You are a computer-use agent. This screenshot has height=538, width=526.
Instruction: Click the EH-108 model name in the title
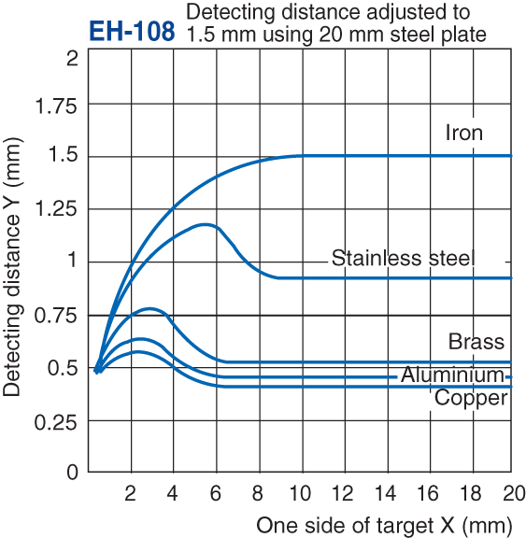(x=131, y=31)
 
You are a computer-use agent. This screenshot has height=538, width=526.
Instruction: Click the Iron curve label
(x=464, y=133)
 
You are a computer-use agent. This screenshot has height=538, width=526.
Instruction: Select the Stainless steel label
(x=404, y=258)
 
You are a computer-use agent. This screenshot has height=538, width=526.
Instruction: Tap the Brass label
(x=476, y=341)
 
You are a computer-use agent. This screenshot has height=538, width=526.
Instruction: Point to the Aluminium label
(x=453, y=375)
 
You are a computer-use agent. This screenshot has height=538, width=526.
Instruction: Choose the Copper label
(x=472, y=398)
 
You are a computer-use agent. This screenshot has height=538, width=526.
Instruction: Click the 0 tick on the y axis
(x=72, y=473)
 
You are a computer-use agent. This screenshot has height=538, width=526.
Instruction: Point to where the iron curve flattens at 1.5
(x=301, y=156)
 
